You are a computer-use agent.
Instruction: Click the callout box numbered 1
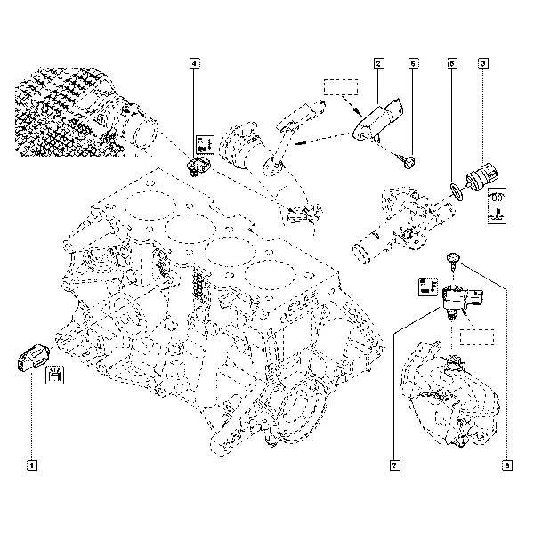tap(32, 464)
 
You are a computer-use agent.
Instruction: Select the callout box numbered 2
tap(378, 63)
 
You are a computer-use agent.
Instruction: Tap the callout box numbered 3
tap(481, 63)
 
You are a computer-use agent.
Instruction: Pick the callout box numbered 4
tap(194, 63)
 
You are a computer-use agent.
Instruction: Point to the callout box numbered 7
tap(392, 464)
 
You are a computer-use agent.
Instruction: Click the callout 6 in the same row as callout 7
tap(507, 464)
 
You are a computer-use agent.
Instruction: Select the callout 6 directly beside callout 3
tap(452, 63)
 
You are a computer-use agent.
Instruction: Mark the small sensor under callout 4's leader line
tap(198, 165)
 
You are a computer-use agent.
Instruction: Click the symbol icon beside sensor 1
tap(54, 376)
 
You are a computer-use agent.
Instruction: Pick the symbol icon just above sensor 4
tap(204, 142)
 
